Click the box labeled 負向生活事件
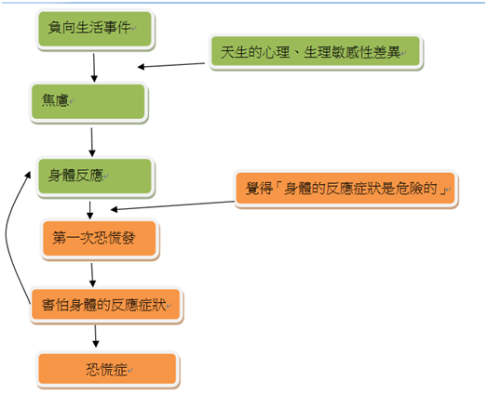tap(95, 29)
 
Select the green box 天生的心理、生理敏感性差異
tap(316, 51)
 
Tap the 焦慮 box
tap(88, 102)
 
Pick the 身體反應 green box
tap(95, 177)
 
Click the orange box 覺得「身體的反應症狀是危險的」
tap(345, 189)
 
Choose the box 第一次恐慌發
tap(100, 239)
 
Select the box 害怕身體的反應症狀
tap(106, 306)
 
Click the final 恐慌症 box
tap(108, 370)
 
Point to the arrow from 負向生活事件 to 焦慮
tap(94, 68)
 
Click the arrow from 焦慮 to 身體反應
tap(91, 142)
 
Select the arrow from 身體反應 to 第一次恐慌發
tap(90, 210)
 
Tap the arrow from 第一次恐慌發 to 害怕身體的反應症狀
tap(92, 275)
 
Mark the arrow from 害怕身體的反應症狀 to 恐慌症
tap(95, 336)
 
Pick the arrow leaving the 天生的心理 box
tap(171, 65)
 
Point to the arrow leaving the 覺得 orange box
tap(172, 205)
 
